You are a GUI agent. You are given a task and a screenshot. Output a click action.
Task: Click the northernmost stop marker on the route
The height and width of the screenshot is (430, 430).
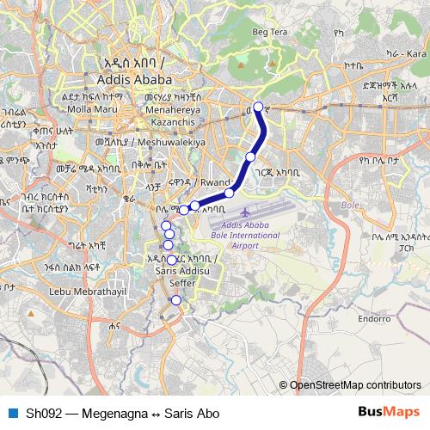[x=258, y=107]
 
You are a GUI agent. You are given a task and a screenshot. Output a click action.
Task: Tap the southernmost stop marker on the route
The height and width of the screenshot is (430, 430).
[x=176, y=300]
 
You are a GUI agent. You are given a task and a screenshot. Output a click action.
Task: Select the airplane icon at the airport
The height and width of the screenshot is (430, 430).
[x=248, y=212]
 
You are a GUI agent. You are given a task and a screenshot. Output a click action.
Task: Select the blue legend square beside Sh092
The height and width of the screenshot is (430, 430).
[x=13, y=414]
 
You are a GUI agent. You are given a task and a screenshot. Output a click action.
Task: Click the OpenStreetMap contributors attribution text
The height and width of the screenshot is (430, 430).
[x=354, y=384]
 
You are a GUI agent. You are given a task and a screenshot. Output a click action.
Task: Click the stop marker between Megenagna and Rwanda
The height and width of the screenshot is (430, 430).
[x=249, y=157]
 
